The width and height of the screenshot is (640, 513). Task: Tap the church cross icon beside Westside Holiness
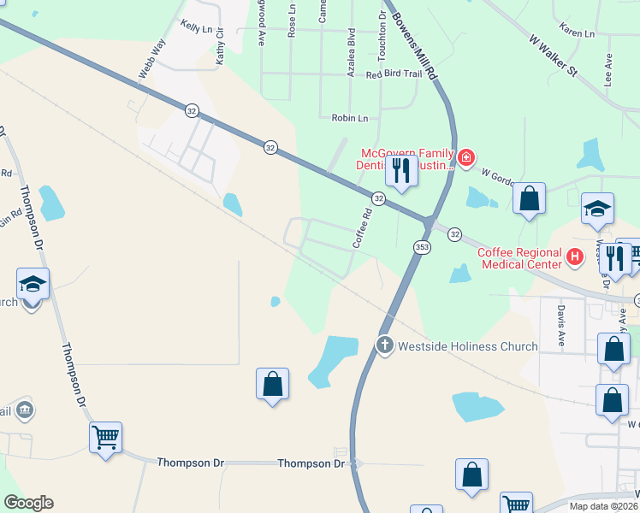pyautogui.click(x=384, y=346)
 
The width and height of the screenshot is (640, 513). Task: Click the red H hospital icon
pyautogui.click(x=575, y=255)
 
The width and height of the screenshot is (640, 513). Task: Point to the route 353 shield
pyautogui.click(x=422, y=247)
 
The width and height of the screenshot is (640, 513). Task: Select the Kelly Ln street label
pyautogui.click(x=196, y=28)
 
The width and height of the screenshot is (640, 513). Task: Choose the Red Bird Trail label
pyautogui.click(x=394, y=74)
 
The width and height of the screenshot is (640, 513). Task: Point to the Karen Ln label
pyautogui.click(x=577, y=32)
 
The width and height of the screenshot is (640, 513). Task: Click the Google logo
pyautogui.click(x=28, y=503)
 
